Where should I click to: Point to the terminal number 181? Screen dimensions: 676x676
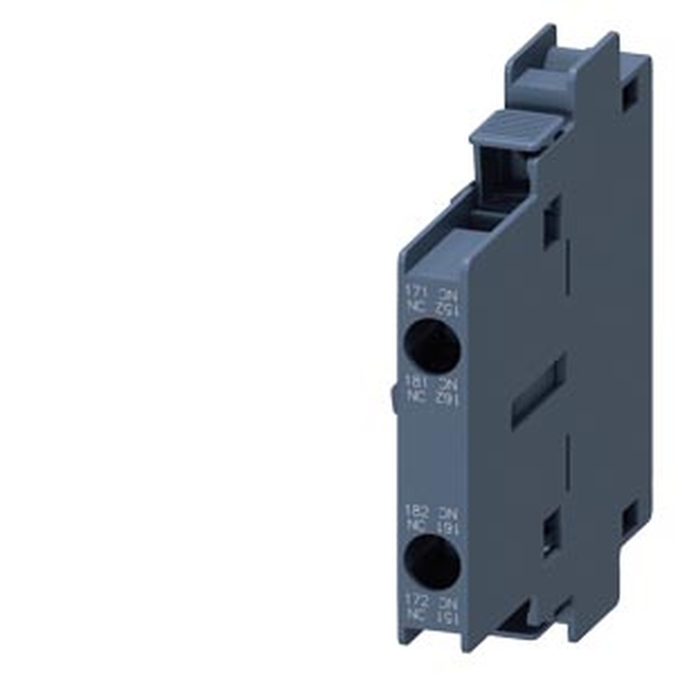414,382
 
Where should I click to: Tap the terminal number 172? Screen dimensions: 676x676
415,599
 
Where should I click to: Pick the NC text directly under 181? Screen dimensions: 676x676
414,395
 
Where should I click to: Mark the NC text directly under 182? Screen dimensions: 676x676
414,525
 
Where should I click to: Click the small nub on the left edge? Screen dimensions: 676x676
394,399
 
